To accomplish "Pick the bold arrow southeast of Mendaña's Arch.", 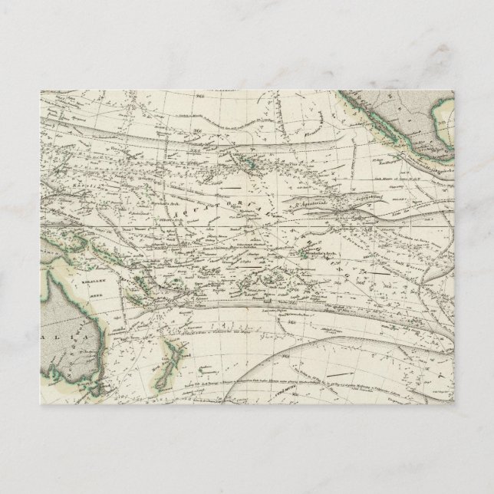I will click(379, 270).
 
